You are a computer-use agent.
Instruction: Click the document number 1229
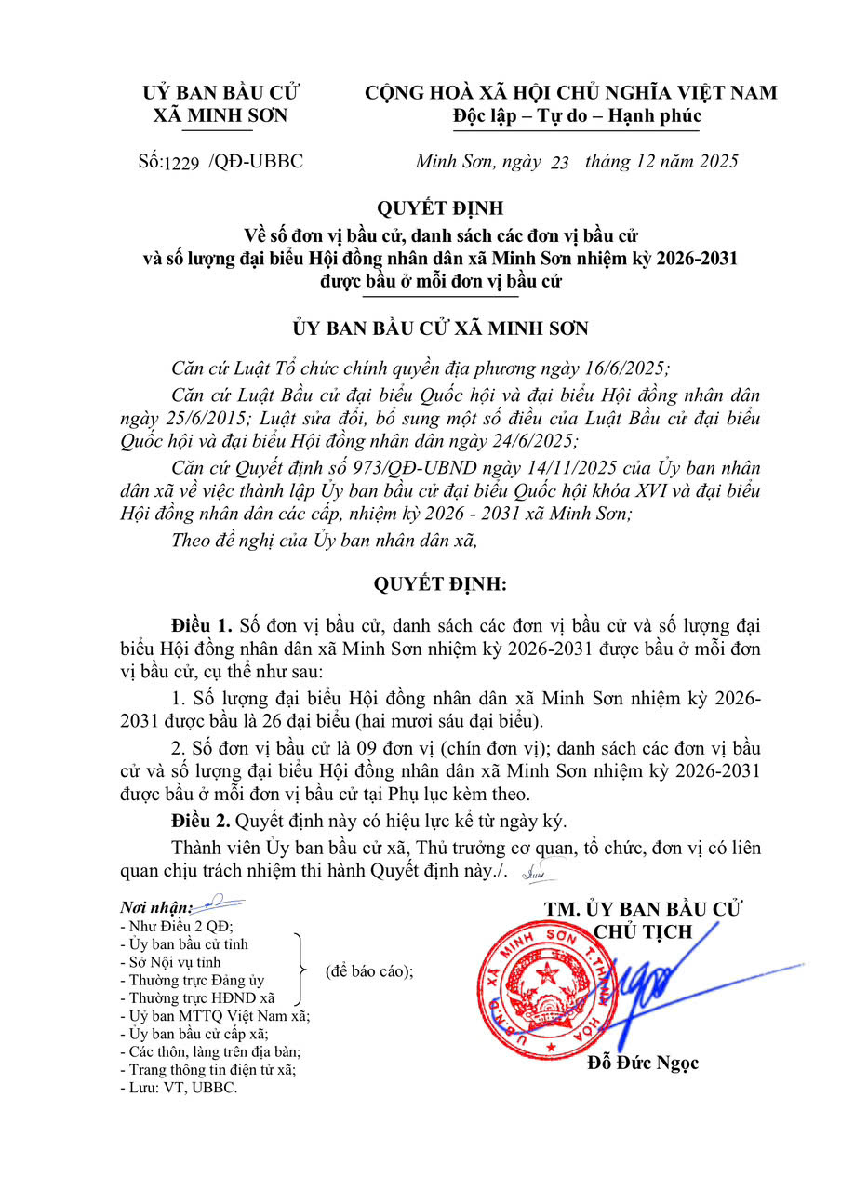(182, 163)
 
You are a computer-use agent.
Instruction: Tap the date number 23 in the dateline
(559, 163)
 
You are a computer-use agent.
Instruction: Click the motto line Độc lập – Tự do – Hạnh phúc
(577, 116)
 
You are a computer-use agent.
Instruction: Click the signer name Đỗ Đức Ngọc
(643, 1063)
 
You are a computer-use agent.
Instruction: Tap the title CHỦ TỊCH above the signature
(643, 931)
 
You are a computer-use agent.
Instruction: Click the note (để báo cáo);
(369, 970)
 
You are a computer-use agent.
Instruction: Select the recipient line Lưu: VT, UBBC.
(179, 1087)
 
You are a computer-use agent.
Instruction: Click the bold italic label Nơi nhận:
(155, 907)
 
